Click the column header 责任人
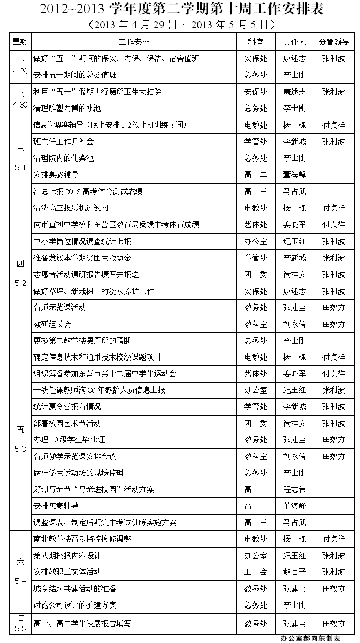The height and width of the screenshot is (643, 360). click(294, 42)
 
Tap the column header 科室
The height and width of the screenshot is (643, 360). click(256, 42)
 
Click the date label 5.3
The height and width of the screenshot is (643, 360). click(21, 449)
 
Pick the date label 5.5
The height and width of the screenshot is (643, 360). click(21, 629)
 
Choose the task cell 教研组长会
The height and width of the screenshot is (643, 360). click(52, 324)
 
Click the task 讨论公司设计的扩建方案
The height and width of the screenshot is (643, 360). click(75, 605)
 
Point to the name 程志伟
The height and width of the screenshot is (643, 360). click(294, 489)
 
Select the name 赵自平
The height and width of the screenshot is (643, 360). click(294, 572)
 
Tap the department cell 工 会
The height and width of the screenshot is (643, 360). click(256, 572)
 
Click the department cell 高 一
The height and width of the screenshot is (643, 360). click(256, 489)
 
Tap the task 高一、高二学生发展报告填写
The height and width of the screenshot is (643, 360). click(82, 623)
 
